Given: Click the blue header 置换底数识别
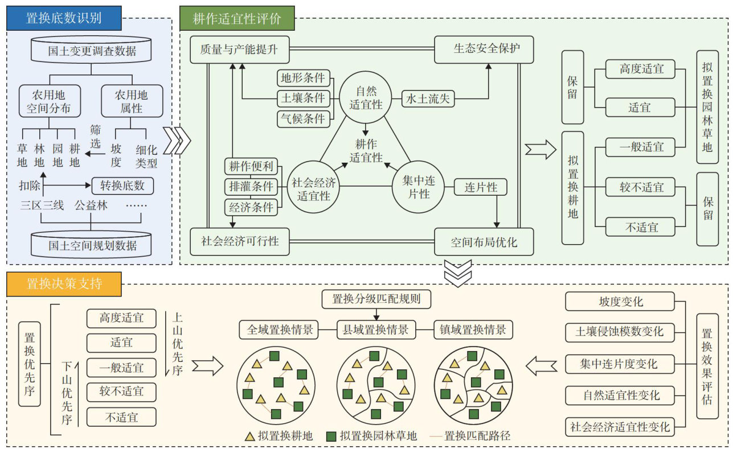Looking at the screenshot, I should (64, 18).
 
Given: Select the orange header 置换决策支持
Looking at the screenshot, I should (64, 283).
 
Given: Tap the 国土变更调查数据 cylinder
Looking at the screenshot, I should (92, 50).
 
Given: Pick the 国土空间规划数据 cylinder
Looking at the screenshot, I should (92, 244).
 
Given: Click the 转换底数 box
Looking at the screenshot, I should (122, 186).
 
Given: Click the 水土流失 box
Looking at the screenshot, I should (428, 98).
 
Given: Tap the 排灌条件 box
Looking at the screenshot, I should (251, 187).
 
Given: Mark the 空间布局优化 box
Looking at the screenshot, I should (484, 242).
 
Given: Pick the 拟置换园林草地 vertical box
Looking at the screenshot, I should (707, 107).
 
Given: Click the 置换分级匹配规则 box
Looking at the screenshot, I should (376, 298).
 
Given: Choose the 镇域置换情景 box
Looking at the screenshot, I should (473, 329).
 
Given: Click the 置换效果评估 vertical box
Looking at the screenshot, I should (707, 366).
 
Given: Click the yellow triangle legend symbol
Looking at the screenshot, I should (249, 436).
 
